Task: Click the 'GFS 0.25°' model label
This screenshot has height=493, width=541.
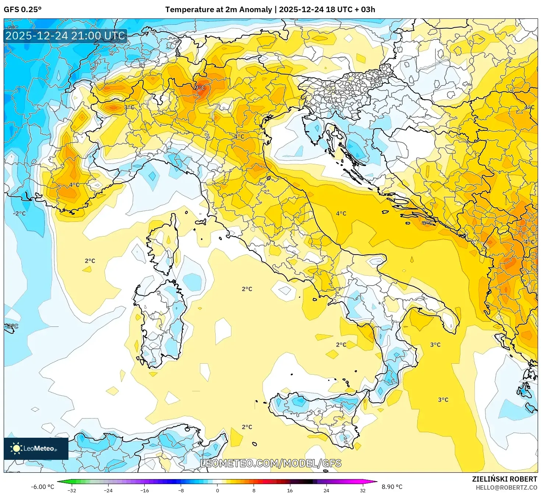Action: point(23,10)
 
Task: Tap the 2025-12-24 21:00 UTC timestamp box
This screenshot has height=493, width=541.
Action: point(66,36)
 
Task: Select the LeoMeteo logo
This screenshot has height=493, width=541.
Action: point(36,448)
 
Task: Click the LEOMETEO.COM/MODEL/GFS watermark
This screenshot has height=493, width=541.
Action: point(270,463)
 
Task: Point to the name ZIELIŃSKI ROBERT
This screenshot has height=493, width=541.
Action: point(504,479)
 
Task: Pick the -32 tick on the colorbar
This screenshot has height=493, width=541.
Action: point(72,490)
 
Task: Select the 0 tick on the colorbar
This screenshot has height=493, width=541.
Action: point(217,490)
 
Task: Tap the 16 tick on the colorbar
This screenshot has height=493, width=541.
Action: point(290,490)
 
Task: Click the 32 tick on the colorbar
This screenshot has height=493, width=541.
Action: point(363,490)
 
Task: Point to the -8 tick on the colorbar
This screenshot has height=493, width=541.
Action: point(181,490)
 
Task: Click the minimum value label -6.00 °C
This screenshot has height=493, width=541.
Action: point(42,487)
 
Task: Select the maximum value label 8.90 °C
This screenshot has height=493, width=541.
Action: point(392,487)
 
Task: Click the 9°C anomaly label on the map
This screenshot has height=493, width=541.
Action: point(200,87)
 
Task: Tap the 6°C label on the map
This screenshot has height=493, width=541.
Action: point(427,223)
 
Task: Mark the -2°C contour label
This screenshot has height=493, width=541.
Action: point(20,213)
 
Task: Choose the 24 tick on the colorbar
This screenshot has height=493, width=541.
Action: point(326,490)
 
